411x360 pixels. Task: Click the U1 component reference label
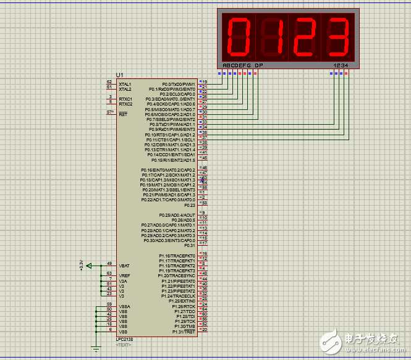(119, 75)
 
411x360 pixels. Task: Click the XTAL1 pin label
(125, 83)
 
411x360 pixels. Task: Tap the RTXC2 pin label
(125, 104)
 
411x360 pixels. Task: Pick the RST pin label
(122, 114)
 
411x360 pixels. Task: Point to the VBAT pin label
(124, 266)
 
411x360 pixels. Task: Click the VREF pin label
(124, 275)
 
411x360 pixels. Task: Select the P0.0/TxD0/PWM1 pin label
(179, 83)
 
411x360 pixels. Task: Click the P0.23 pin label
(189, 205)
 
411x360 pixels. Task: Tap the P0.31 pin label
(189, 245)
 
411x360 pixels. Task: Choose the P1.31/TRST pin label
(184, 332)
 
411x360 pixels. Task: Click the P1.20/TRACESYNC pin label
(177, 275)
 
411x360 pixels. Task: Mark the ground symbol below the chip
(96, 349)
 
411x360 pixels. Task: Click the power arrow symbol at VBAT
(89, 266)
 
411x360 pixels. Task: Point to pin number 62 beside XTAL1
(109, 82)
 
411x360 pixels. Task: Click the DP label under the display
(258, 65)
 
